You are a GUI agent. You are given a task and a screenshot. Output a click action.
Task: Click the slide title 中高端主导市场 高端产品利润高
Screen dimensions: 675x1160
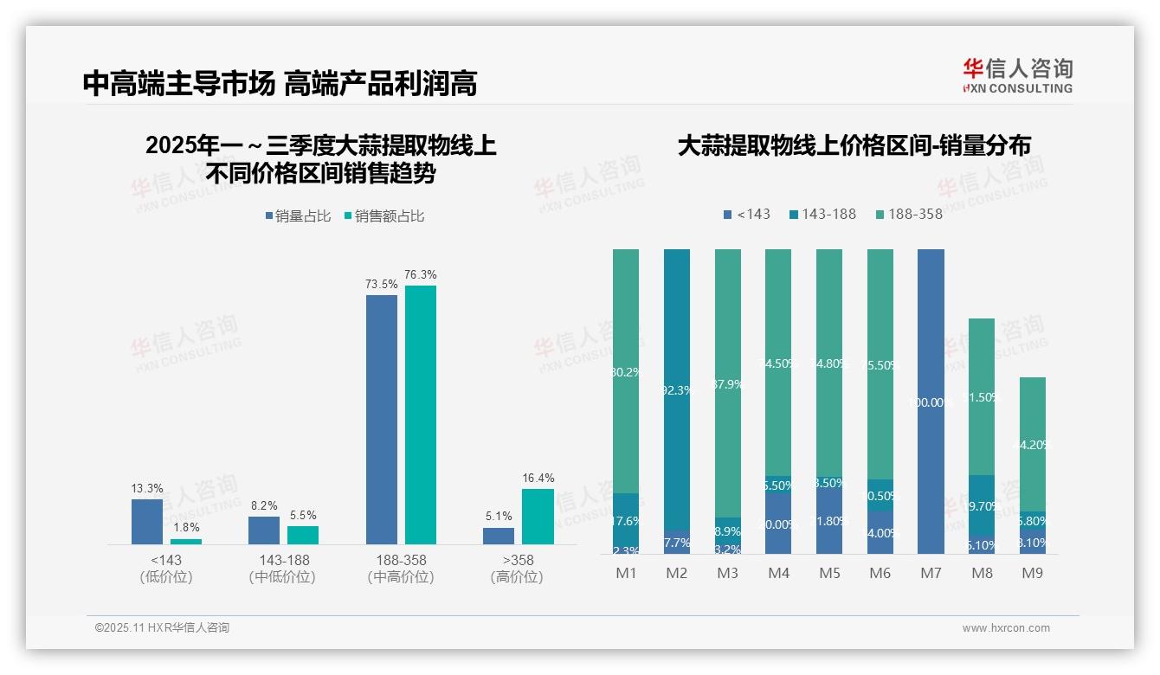tap(280, 84)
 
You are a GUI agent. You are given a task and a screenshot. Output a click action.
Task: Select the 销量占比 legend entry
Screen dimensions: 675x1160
tap(298, 216)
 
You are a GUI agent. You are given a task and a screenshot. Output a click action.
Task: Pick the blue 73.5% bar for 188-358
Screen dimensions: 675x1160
tap(382, 419)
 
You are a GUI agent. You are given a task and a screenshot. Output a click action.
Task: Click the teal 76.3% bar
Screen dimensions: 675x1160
tap(421, 415)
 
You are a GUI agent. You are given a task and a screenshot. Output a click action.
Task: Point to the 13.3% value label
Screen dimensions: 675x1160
tap(147, 489)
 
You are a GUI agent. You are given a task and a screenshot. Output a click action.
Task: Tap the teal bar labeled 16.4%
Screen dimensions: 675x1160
tap(538, 516)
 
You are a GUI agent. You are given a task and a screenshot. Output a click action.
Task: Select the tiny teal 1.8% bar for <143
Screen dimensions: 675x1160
tap(186, 542)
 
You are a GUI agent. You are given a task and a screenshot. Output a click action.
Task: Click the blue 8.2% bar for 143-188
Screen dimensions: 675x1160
tap(264, 530)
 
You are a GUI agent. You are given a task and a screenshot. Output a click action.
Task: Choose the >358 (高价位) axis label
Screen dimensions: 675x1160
tap(518, 569)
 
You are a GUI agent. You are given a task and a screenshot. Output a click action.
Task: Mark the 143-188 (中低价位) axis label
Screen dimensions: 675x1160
tap(284, 569)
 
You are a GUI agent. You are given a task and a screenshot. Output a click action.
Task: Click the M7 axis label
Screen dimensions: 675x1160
tap(931, 573)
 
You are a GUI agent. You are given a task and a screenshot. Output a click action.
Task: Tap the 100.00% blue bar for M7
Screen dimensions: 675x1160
tap(931, 402)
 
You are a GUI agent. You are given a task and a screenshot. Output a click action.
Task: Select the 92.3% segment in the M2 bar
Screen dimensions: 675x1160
tap(677, 389)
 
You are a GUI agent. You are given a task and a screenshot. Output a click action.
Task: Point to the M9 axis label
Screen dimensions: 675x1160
tap(1032, 573)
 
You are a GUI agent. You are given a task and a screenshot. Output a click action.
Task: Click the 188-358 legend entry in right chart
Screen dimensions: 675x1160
tap(909, 214)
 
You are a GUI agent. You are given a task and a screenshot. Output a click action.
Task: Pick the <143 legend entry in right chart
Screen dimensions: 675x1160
tap(747, 214)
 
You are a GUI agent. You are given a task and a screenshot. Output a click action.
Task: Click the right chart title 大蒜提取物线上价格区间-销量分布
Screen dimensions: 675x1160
tap(854, 146)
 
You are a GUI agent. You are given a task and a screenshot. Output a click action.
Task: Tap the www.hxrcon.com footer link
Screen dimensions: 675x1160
tap(1006, 628)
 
